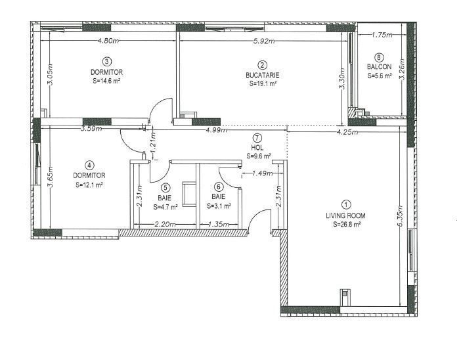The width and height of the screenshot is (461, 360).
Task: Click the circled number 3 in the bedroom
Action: tap(107, 62)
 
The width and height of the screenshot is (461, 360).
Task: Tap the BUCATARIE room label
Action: tap(263, 75)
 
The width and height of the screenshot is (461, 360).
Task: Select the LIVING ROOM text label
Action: tap(345, 215)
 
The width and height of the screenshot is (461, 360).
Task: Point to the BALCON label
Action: tap(380, 67)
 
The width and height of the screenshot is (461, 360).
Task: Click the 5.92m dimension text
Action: tap(264, 41)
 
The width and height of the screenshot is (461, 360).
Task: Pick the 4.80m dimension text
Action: tap(108, 41)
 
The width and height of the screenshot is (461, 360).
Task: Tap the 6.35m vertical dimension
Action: tap(401, 216)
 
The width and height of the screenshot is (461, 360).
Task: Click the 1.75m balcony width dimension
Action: tap(382, 35)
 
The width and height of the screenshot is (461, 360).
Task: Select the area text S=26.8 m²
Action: tap(347, 225)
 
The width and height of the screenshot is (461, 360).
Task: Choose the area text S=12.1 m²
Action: tap(89, 185)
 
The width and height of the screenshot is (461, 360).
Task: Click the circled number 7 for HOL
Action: tap(257, 138)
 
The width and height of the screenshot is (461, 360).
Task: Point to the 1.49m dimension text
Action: tap(262, 173)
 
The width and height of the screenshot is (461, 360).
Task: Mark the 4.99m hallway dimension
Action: tap(217, 129)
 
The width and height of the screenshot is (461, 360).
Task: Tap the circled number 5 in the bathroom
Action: tap(166, 187)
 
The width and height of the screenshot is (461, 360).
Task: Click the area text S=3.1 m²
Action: tap(219, 206)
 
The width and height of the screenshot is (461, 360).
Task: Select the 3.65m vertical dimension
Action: tap(51, 177)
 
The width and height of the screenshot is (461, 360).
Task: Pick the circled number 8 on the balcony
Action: tap(380, 57)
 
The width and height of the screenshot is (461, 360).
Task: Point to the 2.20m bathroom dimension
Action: tap(165, 224)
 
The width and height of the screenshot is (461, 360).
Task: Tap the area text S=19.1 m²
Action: tap(263, 83)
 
